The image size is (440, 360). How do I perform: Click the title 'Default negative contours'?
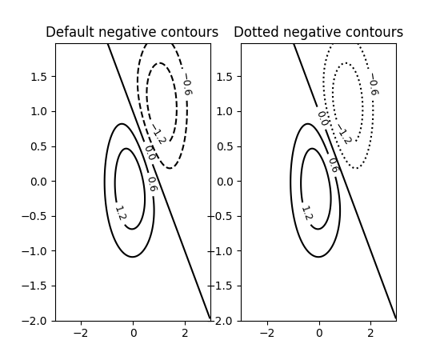click(x=132, y=33)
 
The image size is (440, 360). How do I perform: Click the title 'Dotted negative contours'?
click(x=318, y=33)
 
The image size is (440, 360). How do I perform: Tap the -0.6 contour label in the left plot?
click(x=186, y=87)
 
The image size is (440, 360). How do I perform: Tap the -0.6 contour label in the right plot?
click(x=372, y=85)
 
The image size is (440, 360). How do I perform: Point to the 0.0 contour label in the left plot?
click(x=150, y=152)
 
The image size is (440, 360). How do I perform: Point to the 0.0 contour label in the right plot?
click(x=322, y=118)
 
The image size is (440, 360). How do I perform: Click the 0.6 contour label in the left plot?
click(x=151, y=184)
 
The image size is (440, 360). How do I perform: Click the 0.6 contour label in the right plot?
click(x=333, y=165)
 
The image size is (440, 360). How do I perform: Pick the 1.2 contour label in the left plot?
click(x=120, y=214)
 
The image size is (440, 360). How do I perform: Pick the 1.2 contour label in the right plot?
click(x=306, y=214)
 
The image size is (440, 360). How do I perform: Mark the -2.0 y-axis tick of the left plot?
click(x=35, y=321)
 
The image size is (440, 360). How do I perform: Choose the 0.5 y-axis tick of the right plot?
click(x=224, y=146)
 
